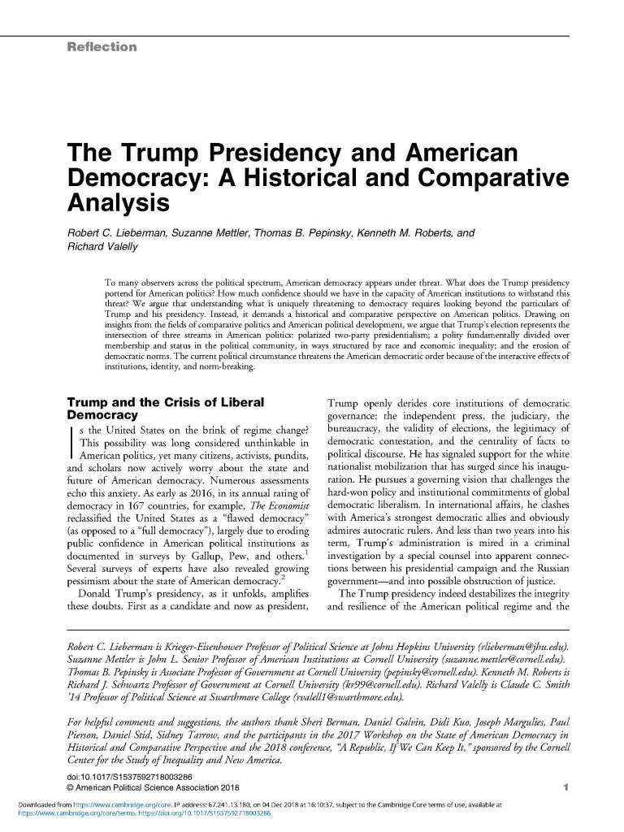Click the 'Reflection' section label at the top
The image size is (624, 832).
click(x=102, y=47)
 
